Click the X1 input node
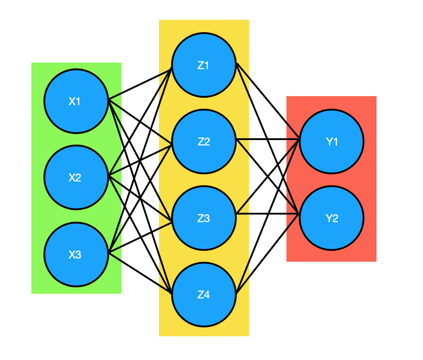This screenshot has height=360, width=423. pyautogui.click(x=76, y=101)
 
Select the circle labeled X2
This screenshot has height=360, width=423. pyautogui.click(x=76, y=177)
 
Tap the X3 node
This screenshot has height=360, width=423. pyautogui.click(x=76, y=255)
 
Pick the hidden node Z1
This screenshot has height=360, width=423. pyautogui.click(x=204, y=65)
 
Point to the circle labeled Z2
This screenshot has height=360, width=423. pyautogui.click(x=204, y=141)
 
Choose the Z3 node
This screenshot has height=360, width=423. pyautogui.click(x=204, y=218)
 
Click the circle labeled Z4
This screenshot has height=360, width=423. pyautogui.click(x=204, y=294)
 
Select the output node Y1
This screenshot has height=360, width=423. pyautogui.click(x=331, y=141)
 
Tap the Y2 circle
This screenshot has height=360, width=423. pyautogui.click(x=331, y=218)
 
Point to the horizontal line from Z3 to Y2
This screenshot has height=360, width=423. pyautogui.click(x=252, y=214)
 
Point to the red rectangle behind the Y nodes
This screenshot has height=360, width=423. pyautogui.click(x=368, y=252)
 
